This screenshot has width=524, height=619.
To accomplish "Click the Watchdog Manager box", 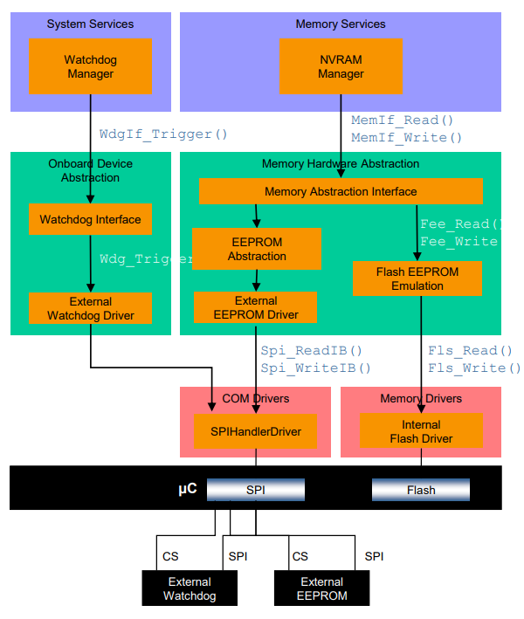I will tap(90, 67).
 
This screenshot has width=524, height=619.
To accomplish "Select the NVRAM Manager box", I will tap(341, 67).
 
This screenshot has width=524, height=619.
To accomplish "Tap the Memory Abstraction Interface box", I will tap(341, 191).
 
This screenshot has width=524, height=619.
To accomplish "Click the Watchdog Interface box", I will tap(90, 219).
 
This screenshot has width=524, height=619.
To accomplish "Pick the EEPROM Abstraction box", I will tap(257, 249).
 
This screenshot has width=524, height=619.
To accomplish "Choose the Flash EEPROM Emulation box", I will tap(417, 279).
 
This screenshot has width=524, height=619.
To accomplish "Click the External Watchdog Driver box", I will tap(90, 308).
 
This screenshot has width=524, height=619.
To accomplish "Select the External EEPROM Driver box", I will tap(256, 307).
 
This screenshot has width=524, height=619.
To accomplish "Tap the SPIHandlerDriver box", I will tap(255, 431).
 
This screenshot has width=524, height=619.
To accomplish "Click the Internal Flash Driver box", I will tap(421, 431).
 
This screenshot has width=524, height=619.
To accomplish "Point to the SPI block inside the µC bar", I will tap(255, 490).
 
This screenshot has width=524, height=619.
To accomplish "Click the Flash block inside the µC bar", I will tap(421, 490).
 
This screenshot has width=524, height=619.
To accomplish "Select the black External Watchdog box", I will tap(189, 588).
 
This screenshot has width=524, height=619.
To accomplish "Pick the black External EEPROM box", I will tap(321, 588).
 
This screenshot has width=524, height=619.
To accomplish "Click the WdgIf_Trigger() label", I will tap(163, 134).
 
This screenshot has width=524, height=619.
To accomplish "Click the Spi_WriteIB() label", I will tap(315, 368).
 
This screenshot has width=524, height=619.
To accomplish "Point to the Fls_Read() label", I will tap(470, 350).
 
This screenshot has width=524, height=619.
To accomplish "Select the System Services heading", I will tap(90, 24).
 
